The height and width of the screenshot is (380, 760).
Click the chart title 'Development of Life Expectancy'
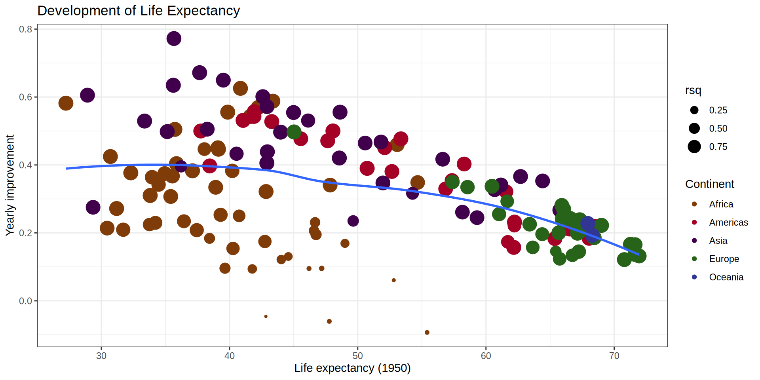(x=139, y=11)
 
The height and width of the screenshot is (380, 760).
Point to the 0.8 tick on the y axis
(x=26, y=29)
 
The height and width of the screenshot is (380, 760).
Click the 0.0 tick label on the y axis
(x=26, y=301)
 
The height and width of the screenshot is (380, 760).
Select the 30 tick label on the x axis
(x=101, y=356)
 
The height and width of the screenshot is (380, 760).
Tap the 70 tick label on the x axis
(x=614, y=356)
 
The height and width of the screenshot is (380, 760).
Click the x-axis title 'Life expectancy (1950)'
(x=352, y=368)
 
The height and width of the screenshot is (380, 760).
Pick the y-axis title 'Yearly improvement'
(x=10, y=185)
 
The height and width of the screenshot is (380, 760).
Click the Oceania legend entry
(x=726, y=277)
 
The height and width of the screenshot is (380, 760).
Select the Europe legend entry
(x=724, y=259)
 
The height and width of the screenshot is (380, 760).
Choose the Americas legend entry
(x=728, y=222)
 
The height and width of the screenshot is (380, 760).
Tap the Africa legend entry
(x=721, y=204)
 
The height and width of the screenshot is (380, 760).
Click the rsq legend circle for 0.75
(x=694, y=147)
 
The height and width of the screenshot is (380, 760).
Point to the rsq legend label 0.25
(x=718, y=110)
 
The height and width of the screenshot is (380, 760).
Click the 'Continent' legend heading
(x=709, y=184)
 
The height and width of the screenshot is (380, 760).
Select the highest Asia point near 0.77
(x=174, y=39)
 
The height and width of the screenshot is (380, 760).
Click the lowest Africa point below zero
(x=427, y=332)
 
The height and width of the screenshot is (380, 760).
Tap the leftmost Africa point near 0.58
(x=66, y=103)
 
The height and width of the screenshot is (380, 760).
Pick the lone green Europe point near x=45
(x=294, y=132)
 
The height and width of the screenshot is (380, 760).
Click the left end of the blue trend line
(x=67, y=169)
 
